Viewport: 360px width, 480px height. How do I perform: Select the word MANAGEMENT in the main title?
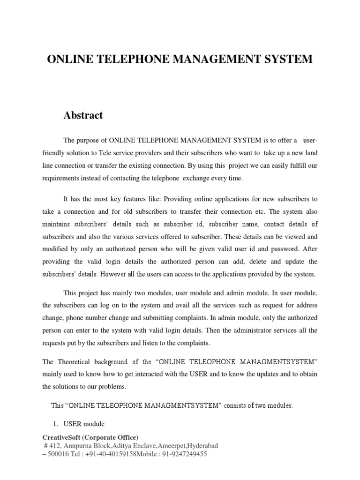217,60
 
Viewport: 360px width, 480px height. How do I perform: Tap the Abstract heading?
83,115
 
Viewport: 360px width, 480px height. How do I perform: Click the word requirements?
62,179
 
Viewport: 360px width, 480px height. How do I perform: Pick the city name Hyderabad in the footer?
203,445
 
